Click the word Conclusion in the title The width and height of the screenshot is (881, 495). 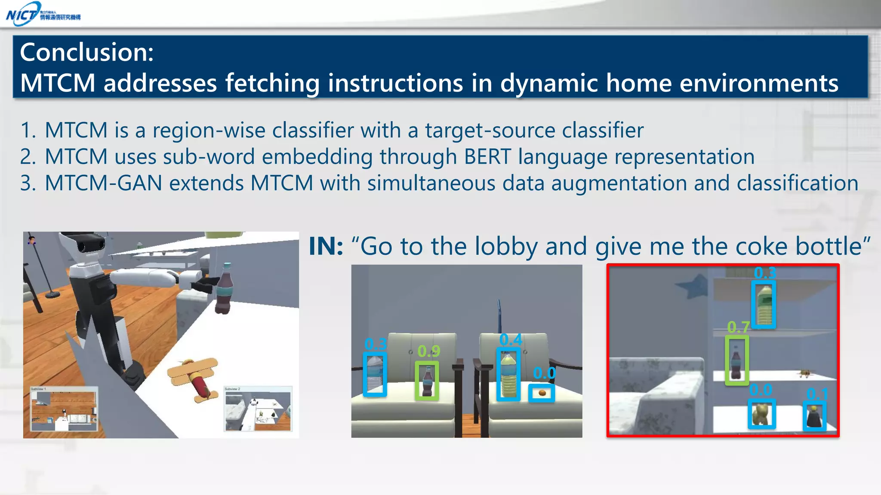click(x=86, y=52)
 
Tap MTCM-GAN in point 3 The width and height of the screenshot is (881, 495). click(x=103, y=183)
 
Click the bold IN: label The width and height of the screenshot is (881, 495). click(x=326, y=246)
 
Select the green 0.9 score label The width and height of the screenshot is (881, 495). click(x=428, y=351)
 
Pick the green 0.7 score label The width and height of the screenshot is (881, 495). click(x=738, y=328)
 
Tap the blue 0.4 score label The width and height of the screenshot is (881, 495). click(x=511, y=340)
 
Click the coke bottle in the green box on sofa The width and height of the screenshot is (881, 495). click(x=427, y=381)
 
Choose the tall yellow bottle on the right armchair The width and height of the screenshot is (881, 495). click(x=508, y=374)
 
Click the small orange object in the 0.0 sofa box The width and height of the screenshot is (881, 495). click(x=542, y=393)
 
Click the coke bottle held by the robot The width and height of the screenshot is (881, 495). click(x=224, y=288)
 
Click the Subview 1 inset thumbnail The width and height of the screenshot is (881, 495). click(x=64, y=409)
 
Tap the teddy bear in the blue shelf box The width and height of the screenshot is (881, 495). click(x=761, y=414)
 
